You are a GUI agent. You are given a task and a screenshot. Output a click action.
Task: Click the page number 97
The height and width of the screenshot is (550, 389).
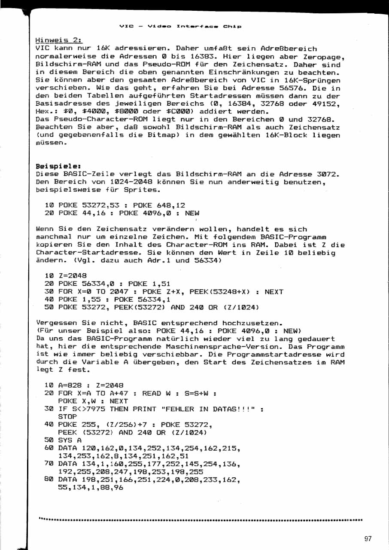coord(368,538)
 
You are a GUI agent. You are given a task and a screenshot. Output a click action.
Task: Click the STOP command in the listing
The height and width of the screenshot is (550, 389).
coord(67,417)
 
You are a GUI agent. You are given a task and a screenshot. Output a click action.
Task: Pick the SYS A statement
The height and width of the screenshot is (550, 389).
coord(70,440)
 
